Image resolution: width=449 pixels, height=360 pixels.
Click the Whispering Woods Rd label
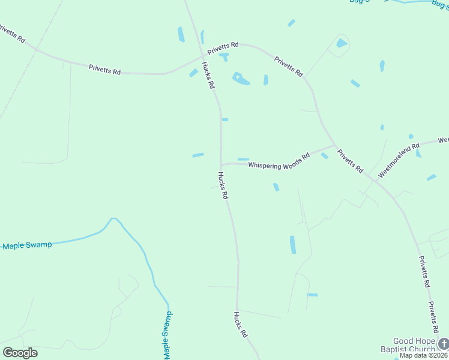279,160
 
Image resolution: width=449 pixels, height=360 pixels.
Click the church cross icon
443,343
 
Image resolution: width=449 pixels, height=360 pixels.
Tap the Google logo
20,352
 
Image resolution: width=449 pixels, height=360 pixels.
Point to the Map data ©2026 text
423,355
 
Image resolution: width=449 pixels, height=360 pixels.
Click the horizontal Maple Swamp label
27,245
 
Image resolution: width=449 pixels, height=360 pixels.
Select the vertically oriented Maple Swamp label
167,336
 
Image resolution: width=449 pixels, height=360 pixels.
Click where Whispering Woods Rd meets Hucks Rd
221,164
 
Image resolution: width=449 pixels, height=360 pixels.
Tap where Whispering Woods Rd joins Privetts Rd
334,146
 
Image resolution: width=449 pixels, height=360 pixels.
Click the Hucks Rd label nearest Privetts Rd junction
208,76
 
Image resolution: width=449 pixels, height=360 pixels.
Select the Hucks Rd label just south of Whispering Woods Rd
223,185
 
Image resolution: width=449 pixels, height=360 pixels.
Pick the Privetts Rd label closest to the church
433,317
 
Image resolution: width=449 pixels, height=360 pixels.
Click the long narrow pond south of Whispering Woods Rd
293,244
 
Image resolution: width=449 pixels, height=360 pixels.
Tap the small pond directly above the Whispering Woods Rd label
243,159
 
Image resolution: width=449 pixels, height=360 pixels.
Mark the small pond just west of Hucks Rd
198,155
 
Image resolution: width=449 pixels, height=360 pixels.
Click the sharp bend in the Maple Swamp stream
113,219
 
